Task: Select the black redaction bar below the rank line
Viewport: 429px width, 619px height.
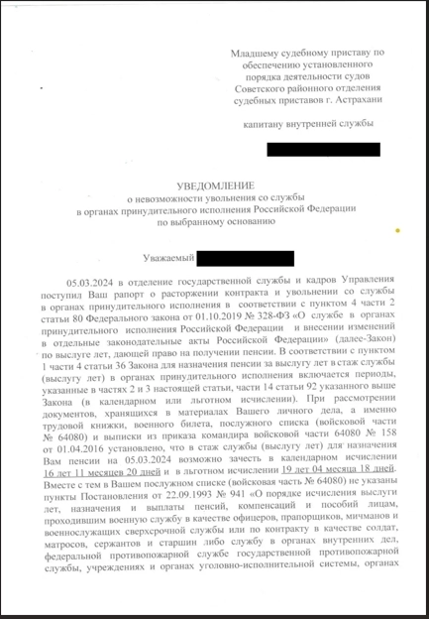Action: coord(323,150)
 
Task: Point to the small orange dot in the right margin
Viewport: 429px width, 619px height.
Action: coord(397,230)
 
